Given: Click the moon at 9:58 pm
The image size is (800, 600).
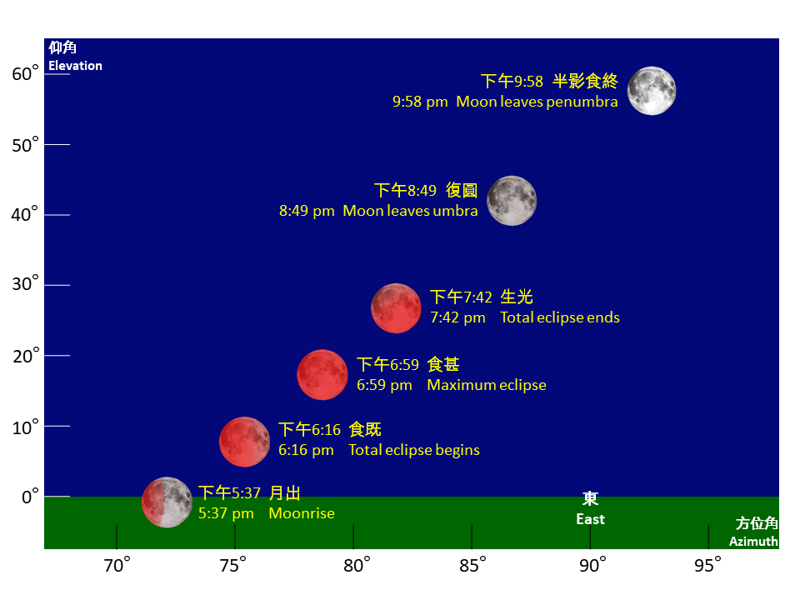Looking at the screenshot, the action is tap(652, 91).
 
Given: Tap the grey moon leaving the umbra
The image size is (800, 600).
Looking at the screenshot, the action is tap(512, 201).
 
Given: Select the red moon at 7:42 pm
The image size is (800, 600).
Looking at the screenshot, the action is tap(396, 308).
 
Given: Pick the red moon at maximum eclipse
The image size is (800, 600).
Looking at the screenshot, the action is tap(322, 374).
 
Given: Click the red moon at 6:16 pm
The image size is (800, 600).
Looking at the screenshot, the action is tap(244, 442).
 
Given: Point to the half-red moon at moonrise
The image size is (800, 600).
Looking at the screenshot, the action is tap(167, 502).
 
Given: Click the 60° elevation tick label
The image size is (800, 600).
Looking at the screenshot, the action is tap(25, 74).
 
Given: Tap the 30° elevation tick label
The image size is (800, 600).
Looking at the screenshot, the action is tap(25, 283).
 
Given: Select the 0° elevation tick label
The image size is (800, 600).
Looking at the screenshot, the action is tap(30, 496).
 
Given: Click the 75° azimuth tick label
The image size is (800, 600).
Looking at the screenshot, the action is tap(233, 565).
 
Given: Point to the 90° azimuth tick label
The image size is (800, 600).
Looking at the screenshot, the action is tap(592, 565).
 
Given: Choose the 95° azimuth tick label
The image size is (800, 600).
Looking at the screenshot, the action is tap(707, 565).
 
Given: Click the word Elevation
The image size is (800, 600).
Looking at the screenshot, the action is tap(75, 66).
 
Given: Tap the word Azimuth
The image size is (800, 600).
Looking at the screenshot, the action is tap(753, 542).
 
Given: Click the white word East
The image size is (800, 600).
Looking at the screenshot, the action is tap(590, 519).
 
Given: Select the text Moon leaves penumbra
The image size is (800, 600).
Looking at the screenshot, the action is tap(537, 102).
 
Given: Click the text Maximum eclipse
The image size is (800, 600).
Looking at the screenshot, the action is tap(486, 385).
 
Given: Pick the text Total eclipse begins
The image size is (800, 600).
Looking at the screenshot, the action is tap(414, 450).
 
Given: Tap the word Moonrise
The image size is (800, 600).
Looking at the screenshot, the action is tap(302, 513).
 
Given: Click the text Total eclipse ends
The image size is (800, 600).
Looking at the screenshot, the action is tap(560, 317).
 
